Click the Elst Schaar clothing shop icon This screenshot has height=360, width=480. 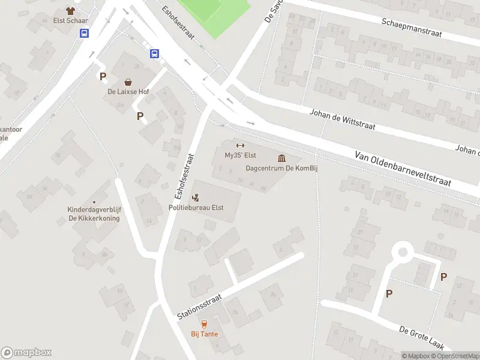click(71, 10)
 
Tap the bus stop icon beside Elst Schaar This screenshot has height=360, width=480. click(85, 34)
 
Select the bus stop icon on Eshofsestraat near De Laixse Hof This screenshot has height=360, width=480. click(154, 53)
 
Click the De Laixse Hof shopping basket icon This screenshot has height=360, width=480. click(128, 82)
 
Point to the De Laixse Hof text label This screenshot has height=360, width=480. click(128, 92)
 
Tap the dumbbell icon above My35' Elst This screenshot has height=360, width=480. click(240, 145)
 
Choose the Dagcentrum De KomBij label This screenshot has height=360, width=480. click(281, 168)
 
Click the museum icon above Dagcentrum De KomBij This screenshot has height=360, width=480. click(281, 158)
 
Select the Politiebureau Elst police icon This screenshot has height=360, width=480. click(196, 197)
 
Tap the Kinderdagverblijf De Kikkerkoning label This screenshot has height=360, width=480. click(94, 214)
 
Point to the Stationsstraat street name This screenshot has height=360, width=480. click(200, 306)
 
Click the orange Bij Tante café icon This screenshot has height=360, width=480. click(205, 324)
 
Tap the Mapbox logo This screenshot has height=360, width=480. click(26, 353)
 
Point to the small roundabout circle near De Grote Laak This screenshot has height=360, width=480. click(403, 252)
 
